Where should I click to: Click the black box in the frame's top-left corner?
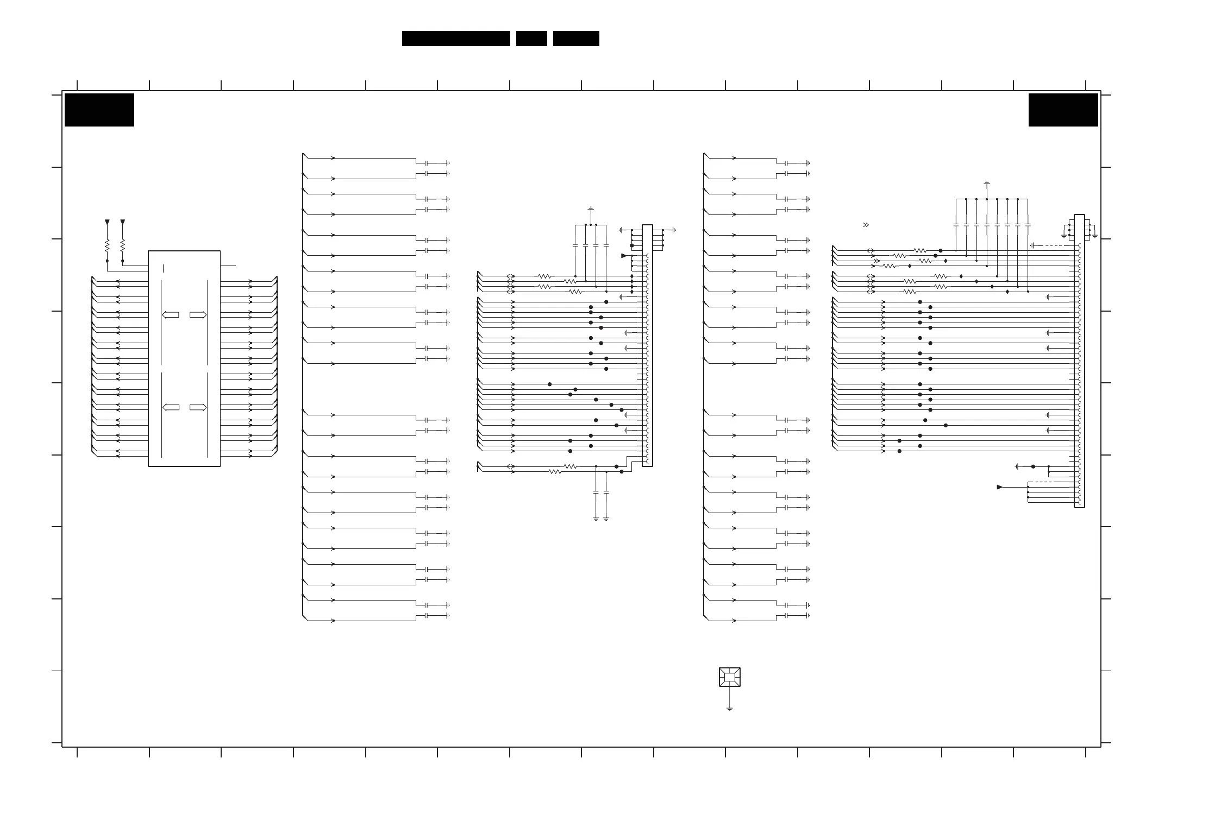(x=99, y=110)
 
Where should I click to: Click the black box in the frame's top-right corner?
(x=1063, y=110)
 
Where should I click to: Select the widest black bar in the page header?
(x=456, y=39)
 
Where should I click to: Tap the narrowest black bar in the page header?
(x=531, y=39)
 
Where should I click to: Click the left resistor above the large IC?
(x=107, y=245)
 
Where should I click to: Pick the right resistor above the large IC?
(x=123, y=245)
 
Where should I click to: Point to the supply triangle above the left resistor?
(x=107, y=222)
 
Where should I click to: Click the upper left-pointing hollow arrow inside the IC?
(x=171, y=315)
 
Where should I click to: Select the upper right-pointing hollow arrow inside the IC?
(x=198, y=315)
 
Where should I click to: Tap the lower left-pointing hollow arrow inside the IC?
(x=171, y=407)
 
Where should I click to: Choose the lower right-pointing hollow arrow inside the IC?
(x=198, y=407)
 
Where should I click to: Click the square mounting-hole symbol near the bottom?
(x=729, y=677)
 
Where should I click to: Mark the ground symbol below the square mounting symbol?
(x=729, y=709)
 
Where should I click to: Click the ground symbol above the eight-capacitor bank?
(x=987, y=183)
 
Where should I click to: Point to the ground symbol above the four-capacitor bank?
(x=591, y=209)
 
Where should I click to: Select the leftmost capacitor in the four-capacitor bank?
(x=575, y=245)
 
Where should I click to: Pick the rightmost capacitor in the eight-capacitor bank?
(x=1028, y=225)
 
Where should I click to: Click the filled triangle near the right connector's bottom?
(x=999, y=487)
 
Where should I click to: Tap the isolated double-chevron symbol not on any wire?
(x=866, y=225)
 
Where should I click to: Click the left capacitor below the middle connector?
(x=596, y=492)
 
